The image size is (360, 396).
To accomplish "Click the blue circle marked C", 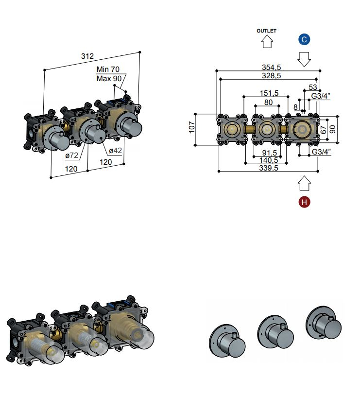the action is [304, 39].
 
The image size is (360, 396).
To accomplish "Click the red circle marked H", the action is [304, 202].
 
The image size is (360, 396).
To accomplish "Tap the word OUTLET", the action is [266, 31].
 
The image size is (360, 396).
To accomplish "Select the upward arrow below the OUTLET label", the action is [267, 41].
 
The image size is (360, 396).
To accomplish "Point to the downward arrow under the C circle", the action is [304, 59].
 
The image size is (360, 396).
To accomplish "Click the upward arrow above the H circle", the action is [304, 183].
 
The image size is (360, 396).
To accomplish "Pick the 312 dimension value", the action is [87, 56].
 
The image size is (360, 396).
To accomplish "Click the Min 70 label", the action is [108, 69].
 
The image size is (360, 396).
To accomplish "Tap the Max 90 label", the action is [109, 79].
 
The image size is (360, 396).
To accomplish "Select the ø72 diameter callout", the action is [72, 155].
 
